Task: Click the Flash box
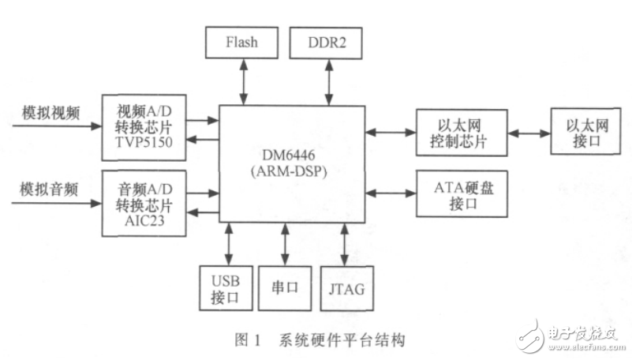tap(241, 41)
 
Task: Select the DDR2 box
tap(326, 41)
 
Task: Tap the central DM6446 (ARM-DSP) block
tap(292, 163)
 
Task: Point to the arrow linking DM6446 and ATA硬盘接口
tap(391, 193)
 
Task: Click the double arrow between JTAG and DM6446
tap(344, 246)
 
